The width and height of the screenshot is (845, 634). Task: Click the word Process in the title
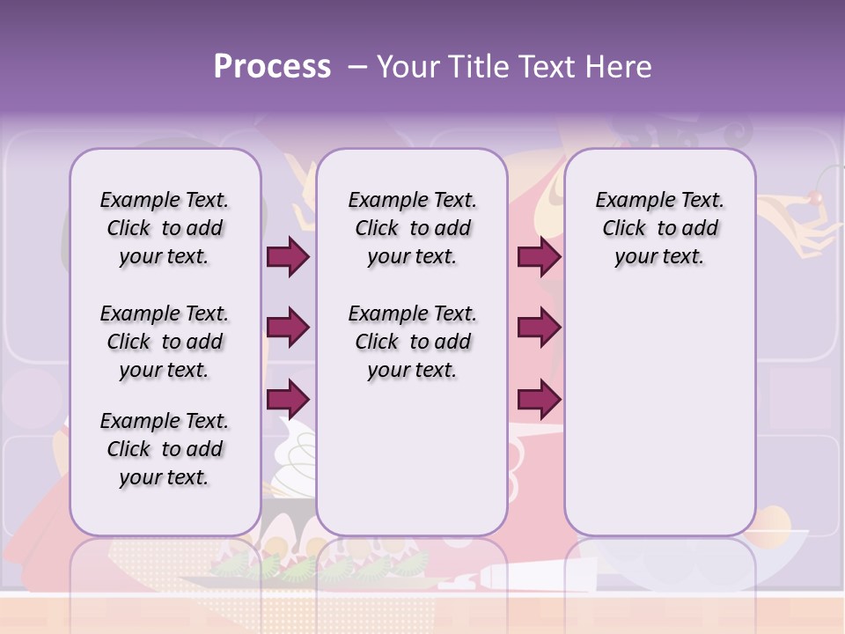pyautogui.click(x=271, y=67)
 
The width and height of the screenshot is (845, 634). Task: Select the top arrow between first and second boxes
pyautogui.click(x=288, y=256)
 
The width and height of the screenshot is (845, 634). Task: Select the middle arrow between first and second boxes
pyautogui.click(x=288, y=328)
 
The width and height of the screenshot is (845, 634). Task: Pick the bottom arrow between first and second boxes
pyautogui.click(x=288, y=400)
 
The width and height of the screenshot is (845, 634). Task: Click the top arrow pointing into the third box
pyautogui.click(x=539, y=256)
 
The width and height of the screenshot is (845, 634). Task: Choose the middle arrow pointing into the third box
pyautogui.click(x=539, y=328)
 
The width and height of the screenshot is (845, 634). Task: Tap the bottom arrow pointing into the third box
pyautogui.click(x=539, y=400)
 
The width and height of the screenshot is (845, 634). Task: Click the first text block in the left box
pyautogui.click(x=165, y=228)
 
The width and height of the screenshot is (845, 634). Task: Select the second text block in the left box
pyautogui.click(x=165, y=342)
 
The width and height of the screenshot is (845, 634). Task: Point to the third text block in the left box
pyautogui.click(x=165, y=449)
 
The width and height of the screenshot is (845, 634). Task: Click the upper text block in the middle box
pyautogui.click(x=412, y=228)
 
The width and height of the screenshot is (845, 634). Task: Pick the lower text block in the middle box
pyautogui.click(x=412, y=342)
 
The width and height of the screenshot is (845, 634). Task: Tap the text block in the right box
pyautogui.click(x=659, y=228)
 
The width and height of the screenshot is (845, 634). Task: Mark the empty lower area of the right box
pyautogui.click(x=659, y=423)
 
